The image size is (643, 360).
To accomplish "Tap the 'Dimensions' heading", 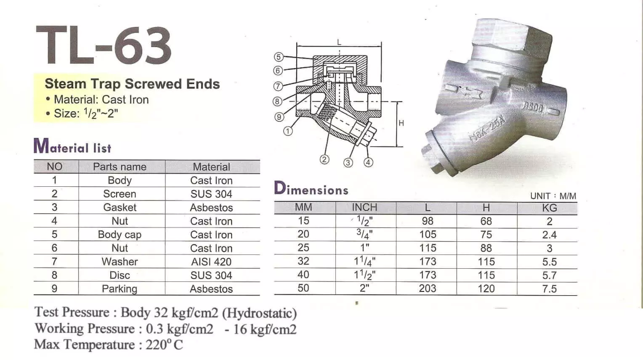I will (311, 189).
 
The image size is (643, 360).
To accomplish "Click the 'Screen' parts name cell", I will (120, 194).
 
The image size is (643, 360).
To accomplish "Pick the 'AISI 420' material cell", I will (211, 262).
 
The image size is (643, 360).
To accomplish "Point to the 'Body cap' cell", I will (120, 235).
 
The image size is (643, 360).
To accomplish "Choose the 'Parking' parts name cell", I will (120, 289).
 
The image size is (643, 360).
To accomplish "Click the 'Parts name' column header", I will (120, 167).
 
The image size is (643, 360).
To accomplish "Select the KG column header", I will (549, 208).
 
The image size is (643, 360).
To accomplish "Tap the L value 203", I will (428, 289).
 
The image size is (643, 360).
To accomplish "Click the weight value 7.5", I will (549, 289).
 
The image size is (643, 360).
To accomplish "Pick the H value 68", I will (486, 221).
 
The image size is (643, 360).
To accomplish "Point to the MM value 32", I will (303, 262).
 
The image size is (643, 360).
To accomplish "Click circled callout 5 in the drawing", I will (278, 57).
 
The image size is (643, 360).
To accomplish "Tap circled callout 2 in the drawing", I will (324, 159).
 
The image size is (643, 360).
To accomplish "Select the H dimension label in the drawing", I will (401, 123).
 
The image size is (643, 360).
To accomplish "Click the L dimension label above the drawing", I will (339, 42).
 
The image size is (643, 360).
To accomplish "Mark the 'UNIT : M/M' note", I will (553, 196).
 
